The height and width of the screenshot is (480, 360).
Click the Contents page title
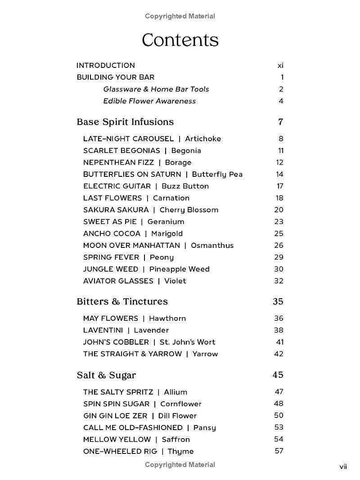[180, 40]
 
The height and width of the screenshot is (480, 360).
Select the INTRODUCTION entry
[106, 65]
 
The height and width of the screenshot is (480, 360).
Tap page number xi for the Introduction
[280, 65]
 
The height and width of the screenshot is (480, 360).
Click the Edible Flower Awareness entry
[149, 101]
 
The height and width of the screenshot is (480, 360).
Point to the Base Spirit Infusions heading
[125, 122]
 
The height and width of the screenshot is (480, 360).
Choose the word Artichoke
[203, 139]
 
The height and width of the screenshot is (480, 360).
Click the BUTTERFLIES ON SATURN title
[132, 174]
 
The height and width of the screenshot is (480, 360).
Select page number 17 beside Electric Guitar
[279, 186]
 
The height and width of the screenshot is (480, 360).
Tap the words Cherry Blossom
[189, 210]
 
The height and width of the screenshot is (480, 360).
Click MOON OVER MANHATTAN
[131, 245]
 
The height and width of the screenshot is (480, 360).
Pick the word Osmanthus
[212, 245]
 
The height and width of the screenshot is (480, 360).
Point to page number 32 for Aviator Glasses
[279, 281]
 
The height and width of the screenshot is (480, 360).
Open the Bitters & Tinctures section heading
[122, 301]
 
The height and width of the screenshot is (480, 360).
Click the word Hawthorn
[167, 318]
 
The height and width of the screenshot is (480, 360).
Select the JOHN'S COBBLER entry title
[116, 342]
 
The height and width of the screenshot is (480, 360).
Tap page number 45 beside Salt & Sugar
[278, 375]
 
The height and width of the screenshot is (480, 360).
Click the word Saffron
[176, 439]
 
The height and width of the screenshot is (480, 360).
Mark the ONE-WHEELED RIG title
[119, 451]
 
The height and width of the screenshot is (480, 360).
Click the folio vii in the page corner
[343, 467]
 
